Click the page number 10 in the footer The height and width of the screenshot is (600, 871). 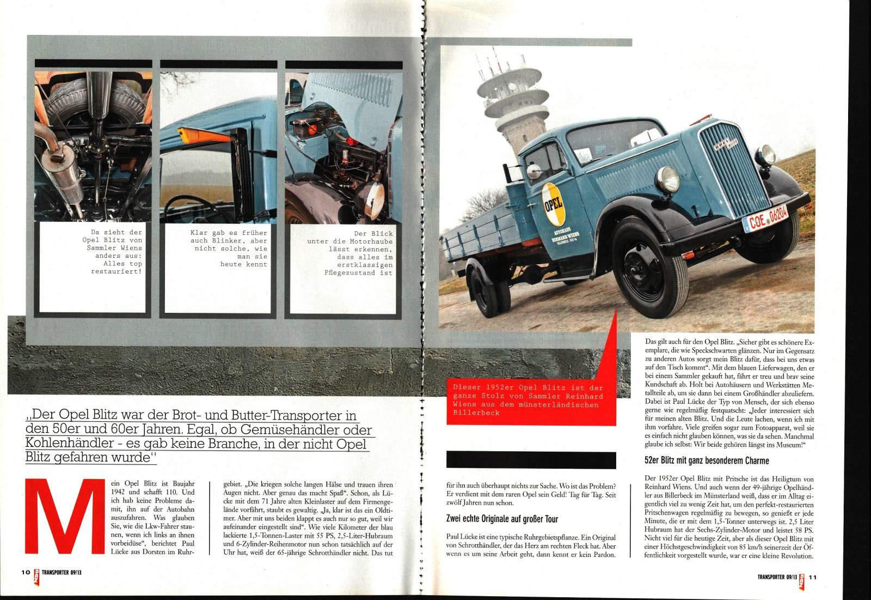pyautogui.click(x=25, y=573)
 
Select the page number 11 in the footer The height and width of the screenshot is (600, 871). pyautogui.click(x=812, y=577)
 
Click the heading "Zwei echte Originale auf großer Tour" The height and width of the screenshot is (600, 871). pyautogui.click(x=502, y=519)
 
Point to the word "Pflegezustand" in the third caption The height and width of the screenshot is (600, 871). pyautogui.click(x=352, y=272)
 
